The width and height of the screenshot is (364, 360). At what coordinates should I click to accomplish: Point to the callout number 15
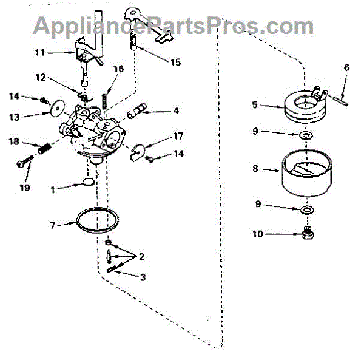point(175,62)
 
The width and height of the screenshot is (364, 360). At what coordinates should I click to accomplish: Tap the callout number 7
point(53,225)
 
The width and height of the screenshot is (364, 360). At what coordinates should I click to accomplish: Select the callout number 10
point(258,233)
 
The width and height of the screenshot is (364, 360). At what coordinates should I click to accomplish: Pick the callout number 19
point(24,188)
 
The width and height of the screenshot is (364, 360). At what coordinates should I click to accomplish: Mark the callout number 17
point(178,136)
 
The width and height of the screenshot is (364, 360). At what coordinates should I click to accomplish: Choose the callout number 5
point(255,105)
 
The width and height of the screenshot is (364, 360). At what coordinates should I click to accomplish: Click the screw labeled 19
point(25,163)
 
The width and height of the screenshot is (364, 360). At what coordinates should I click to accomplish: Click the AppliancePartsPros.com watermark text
point(173,25)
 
